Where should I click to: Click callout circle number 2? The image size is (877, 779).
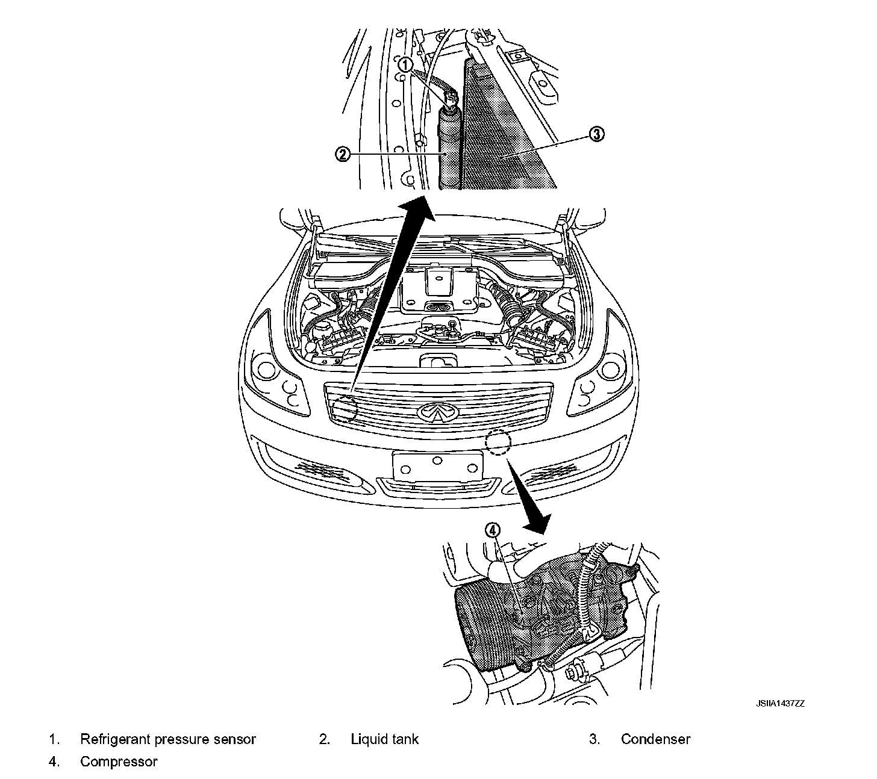342,155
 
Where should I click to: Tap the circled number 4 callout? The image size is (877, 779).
493,530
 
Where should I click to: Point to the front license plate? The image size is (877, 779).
437,465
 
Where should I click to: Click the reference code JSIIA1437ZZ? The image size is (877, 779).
781,703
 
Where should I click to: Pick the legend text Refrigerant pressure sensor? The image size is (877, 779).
168,739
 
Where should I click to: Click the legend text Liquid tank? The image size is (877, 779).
384,739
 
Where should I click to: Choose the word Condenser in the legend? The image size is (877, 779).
655,739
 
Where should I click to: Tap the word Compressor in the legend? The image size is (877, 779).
119,762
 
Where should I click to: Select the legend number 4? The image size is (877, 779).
54,762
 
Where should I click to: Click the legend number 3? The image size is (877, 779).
594,739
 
